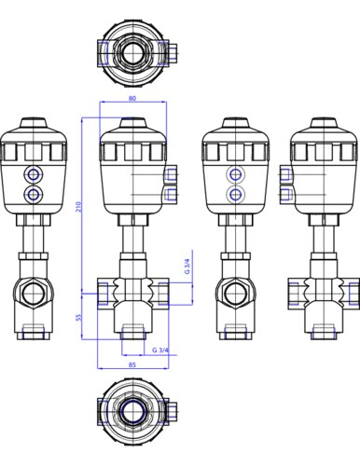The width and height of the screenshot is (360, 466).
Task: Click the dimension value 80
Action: click(x=132, y=98)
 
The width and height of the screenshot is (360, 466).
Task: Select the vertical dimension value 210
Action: click(x=78, y=207)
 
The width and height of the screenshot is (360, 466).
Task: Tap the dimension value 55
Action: click(x=78, y=317)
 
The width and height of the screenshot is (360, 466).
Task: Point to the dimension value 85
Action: click(x=132, y=364)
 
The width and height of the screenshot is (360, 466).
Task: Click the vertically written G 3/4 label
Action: click(x=187, y=267)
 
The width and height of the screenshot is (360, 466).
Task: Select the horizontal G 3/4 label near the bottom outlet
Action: click(x=160, y=350)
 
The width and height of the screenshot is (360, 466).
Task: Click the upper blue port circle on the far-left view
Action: click(x=33, y=175)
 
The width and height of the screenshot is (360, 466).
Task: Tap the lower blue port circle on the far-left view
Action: click(x=33, y=195)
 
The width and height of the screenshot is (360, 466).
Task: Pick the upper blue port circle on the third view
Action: click(x=235, y=175)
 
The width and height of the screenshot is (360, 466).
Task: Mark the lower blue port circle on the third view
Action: click(x=235, y=195)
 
